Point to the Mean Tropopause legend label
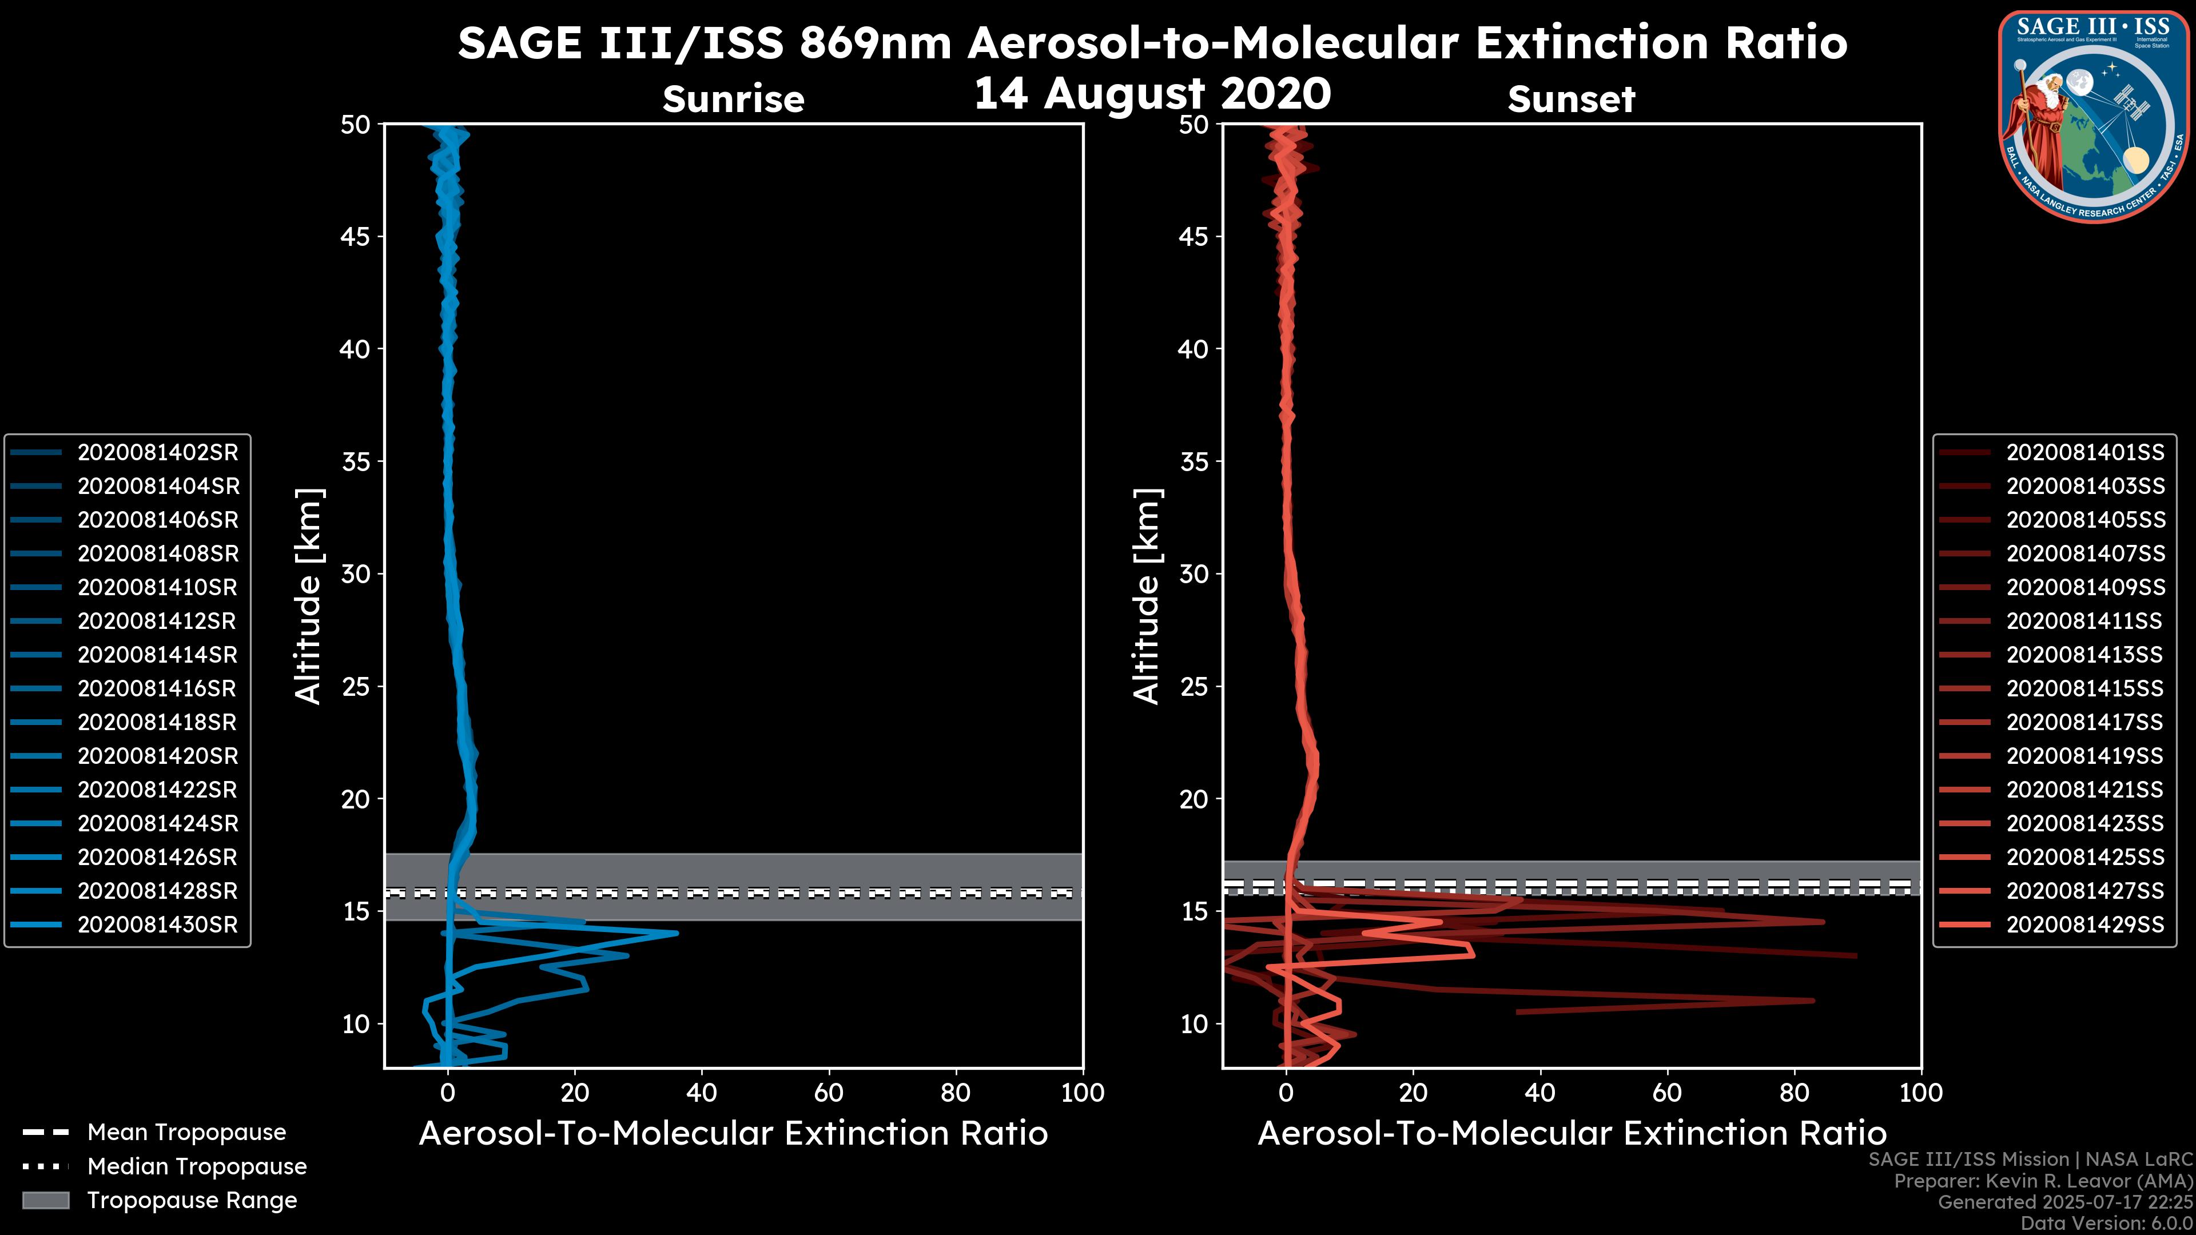[x=186, y=1132]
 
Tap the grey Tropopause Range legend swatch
[x=46, y=1200]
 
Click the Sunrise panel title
[x=733, y=99]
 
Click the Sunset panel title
[x=1571, y=99]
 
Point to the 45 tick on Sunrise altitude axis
[x=356, y=236]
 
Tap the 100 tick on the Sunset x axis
[x=1921, y=1093]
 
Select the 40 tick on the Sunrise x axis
[x=702, y=1093]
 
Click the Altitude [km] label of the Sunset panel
[x=1147, y=596]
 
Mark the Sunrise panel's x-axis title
[x=733, y=1134]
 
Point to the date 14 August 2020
[x=1152, y=94]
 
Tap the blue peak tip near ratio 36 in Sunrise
[x=677, y=933]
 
